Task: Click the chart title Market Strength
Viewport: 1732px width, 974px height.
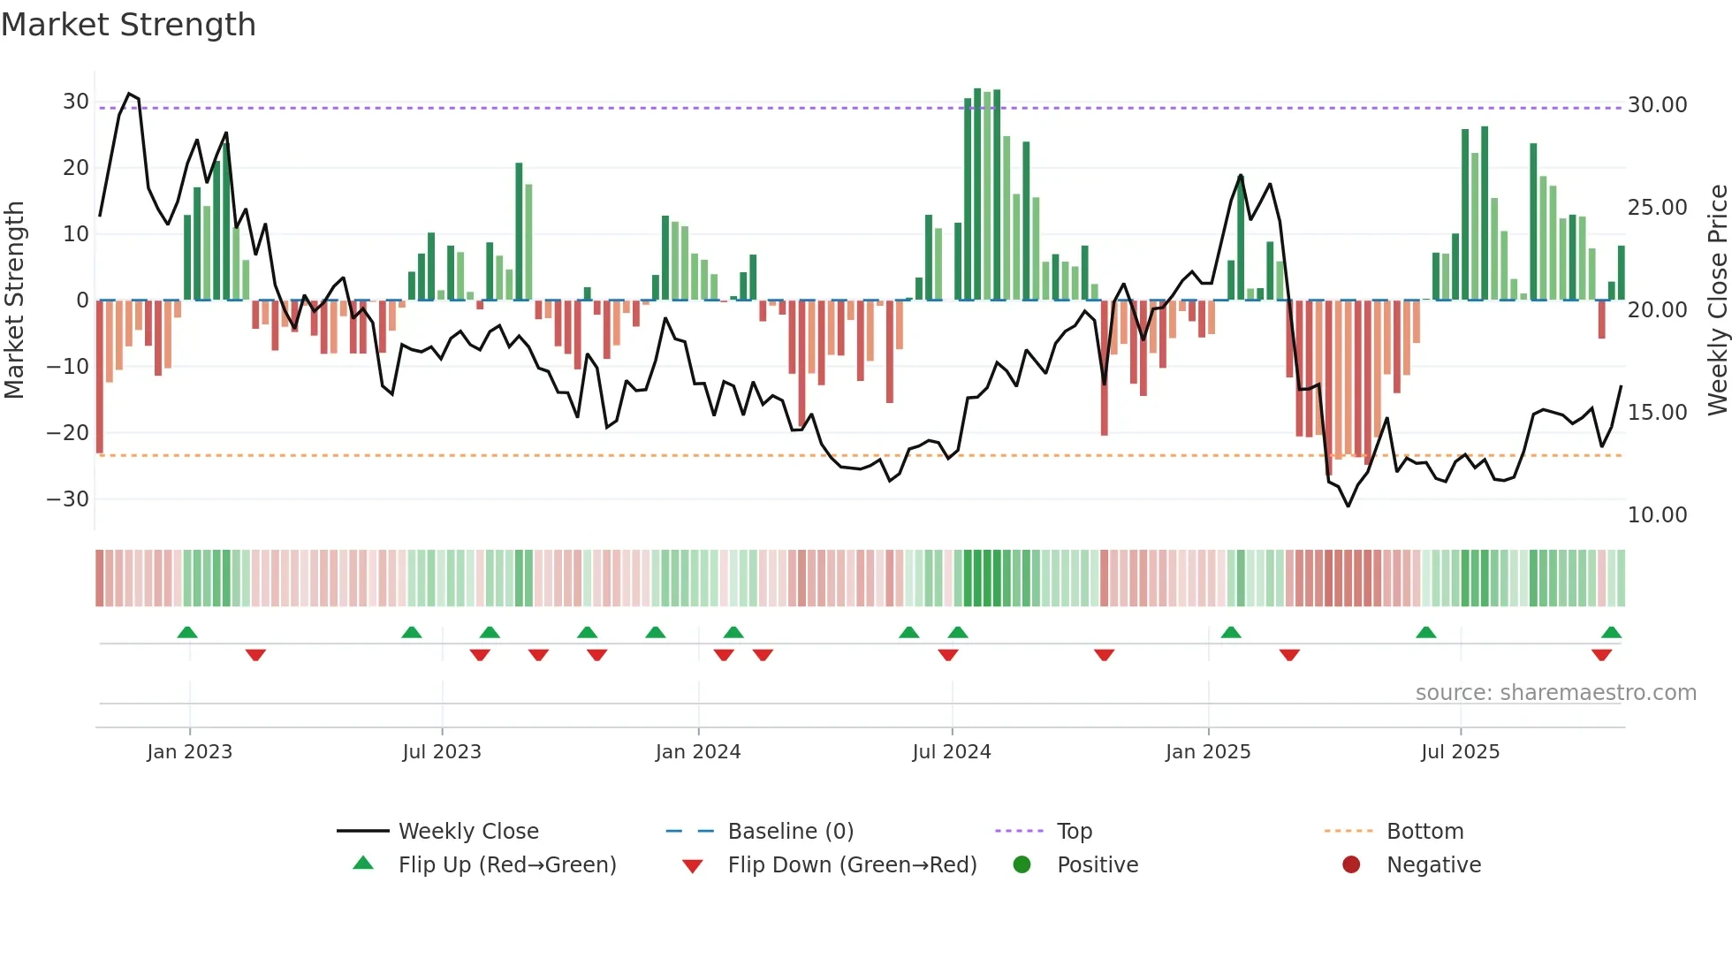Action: point(129,25)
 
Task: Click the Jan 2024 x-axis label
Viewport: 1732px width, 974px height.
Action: point(698,752)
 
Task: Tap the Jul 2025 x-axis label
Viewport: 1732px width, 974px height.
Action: point(1460,752)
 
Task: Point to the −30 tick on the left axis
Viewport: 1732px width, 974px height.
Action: point(68,499)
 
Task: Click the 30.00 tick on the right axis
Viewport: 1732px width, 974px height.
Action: point(1657,105)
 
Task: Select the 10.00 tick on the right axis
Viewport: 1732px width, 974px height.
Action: point(1657,515)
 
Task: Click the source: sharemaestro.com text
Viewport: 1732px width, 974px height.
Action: point(1555,693)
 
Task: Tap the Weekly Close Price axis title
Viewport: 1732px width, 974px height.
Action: point(1717,301)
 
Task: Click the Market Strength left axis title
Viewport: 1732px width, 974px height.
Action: point(14,301)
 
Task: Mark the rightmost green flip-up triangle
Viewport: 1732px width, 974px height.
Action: point(1611,633)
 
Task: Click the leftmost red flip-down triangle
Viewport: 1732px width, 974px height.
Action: point(255,655)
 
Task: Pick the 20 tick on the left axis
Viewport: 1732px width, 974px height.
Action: point(75,168)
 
